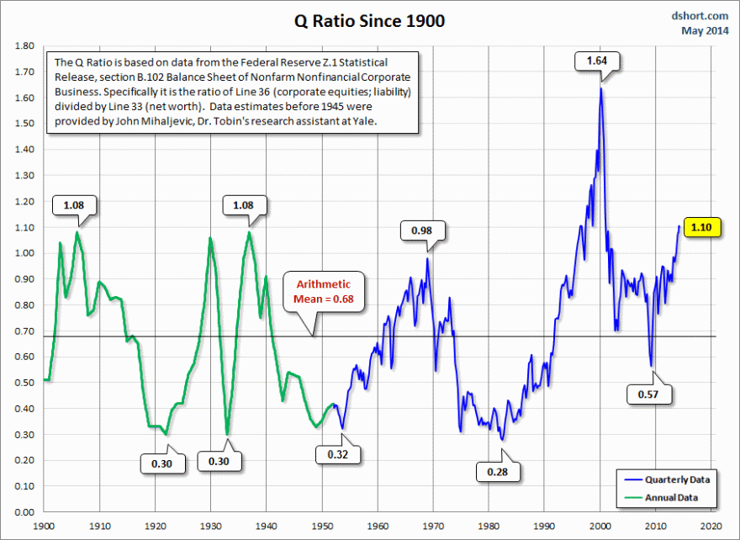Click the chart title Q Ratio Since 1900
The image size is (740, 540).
tap(369, 19)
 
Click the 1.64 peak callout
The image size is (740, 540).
tap(597, 61)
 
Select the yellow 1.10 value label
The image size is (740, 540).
tap(704, 227)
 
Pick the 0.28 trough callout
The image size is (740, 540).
tap(497, 472)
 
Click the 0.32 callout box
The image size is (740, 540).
tap(338, 455)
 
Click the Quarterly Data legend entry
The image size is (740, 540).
tap(676, 479)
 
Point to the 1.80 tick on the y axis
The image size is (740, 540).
tap(24, 46)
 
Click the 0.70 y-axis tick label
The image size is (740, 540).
tap(24, 331)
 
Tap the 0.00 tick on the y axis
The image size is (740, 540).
tap(24, 512)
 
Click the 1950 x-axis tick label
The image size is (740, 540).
tap(322, 526)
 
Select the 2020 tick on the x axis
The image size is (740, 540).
tap(711, 526)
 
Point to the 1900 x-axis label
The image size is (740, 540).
tap(44, 526)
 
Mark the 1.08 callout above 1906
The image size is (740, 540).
tap(75, 204)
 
